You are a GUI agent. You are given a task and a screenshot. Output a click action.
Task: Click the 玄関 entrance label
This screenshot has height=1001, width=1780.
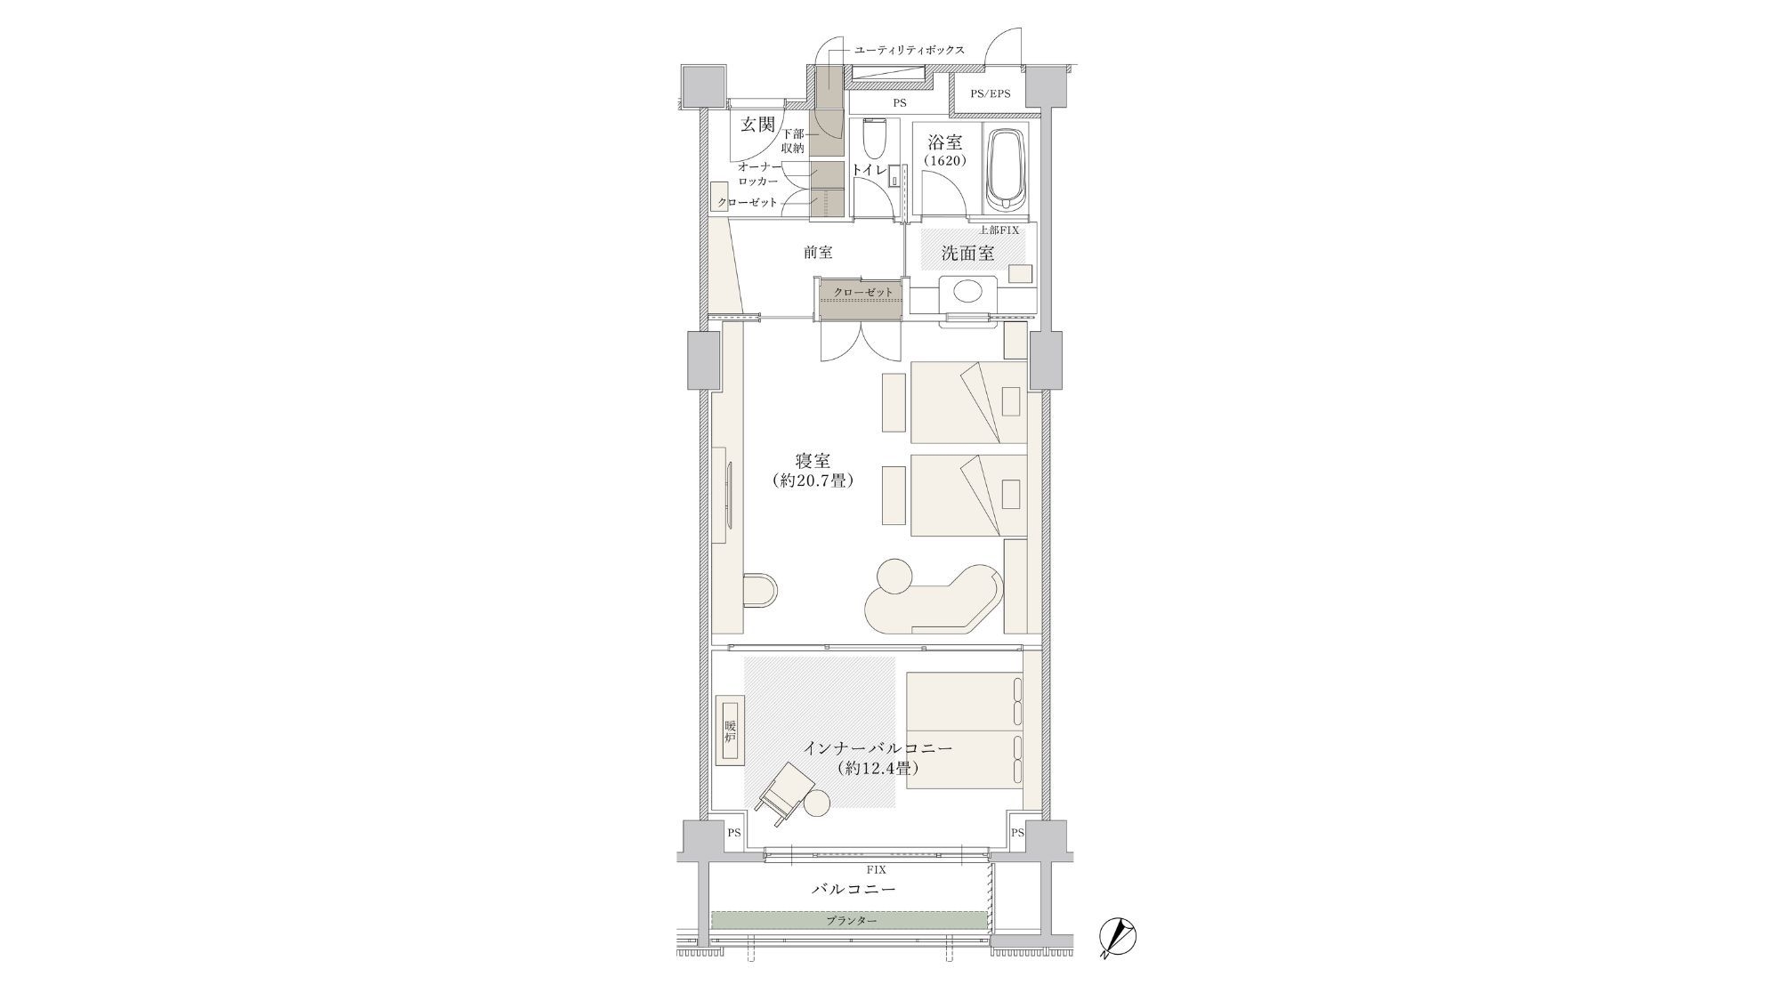click(x=758, y=125)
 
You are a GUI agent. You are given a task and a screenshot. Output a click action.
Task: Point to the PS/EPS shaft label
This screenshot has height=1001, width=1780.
click(x=990, y=93)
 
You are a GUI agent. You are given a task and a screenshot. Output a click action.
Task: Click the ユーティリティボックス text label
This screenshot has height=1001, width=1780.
click(x=909, y=50)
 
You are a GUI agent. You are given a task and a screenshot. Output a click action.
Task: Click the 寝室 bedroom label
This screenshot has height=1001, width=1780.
click(x=813, y=461)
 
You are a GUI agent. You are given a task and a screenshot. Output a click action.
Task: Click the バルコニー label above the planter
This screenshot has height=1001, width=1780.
click(x=854, y=889)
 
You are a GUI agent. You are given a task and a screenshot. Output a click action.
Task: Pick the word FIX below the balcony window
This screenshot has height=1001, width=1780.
click(x=876, y=869)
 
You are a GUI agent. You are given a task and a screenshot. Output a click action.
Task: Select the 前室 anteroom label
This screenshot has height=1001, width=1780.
click(x=818, y=253)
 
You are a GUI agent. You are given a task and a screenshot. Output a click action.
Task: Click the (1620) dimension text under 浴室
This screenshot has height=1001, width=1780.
click(x=945, y=161)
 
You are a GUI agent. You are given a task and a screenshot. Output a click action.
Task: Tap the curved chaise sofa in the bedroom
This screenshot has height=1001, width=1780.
click(x=929, y=596)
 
